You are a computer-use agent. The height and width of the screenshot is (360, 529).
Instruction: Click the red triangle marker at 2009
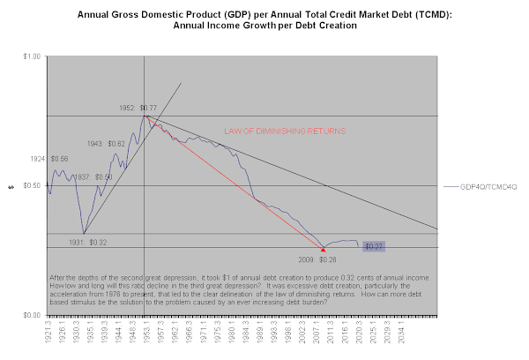pos(323,250)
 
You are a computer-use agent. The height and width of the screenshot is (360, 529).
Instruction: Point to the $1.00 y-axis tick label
pos(31,56)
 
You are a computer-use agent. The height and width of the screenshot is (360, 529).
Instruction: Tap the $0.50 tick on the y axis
pos(31,185)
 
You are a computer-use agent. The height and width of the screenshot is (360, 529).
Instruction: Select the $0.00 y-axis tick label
pos(31,315)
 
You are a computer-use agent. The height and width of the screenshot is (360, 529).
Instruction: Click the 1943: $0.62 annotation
pos(107,142)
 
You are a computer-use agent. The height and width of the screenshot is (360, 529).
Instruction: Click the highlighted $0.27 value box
pos(374,245)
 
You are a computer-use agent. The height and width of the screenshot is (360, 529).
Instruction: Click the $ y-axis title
pos(11,185)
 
